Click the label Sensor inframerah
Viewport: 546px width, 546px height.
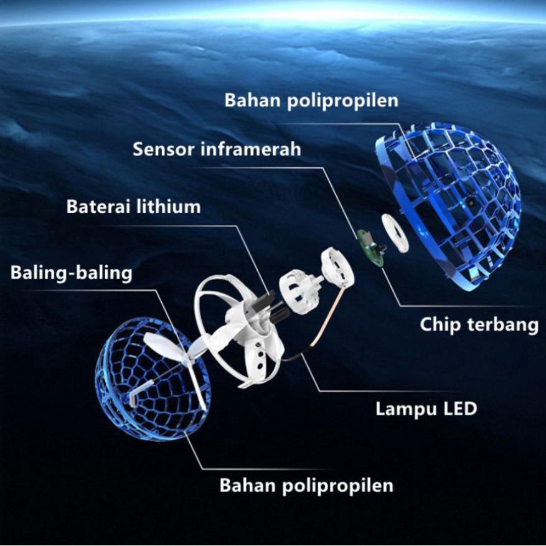(217, 149)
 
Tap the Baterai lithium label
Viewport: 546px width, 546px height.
(133, 206)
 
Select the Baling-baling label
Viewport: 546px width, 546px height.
(71, 273)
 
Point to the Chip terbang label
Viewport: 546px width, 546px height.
(478, 324)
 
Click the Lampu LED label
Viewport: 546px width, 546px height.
(426, 408)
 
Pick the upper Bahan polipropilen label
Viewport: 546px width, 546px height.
(311, 100)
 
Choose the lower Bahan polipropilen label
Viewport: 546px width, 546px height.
(306, 485)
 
